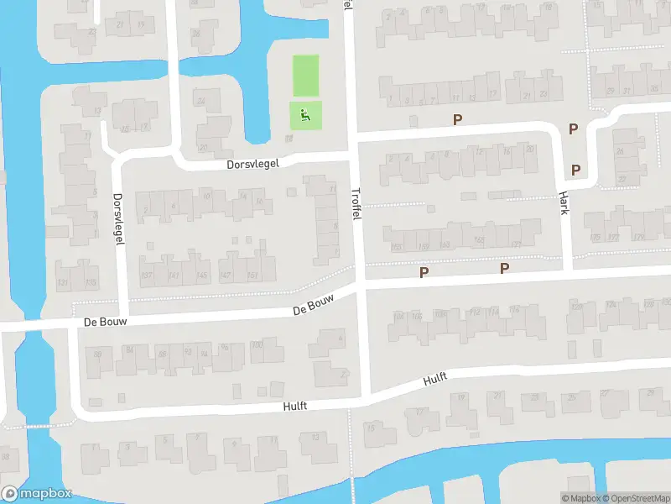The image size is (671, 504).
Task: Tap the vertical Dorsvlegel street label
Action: coord(118,218)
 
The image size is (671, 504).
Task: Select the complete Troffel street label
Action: coord(356,204)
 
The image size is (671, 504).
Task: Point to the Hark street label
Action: coord(564,202)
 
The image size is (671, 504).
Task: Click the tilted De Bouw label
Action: coord(314,304)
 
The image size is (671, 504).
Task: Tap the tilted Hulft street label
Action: coord(434,379)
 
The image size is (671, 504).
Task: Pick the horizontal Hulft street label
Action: coord(295,406)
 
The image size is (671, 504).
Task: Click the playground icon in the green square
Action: coord(305,115)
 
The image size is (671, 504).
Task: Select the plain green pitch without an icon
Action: coord(305,76)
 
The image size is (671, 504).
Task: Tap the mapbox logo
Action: coord(37,493)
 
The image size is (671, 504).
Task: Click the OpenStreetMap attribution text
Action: coord(633,498)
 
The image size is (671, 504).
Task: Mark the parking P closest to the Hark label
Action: coord(575,170)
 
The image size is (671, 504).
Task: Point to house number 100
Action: coord(257,345)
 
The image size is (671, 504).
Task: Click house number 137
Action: coord(148,276)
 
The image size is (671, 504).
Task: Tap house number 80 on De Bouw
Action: coord(98,354)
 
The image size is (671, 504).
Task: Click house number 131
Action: coord(64,283)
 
